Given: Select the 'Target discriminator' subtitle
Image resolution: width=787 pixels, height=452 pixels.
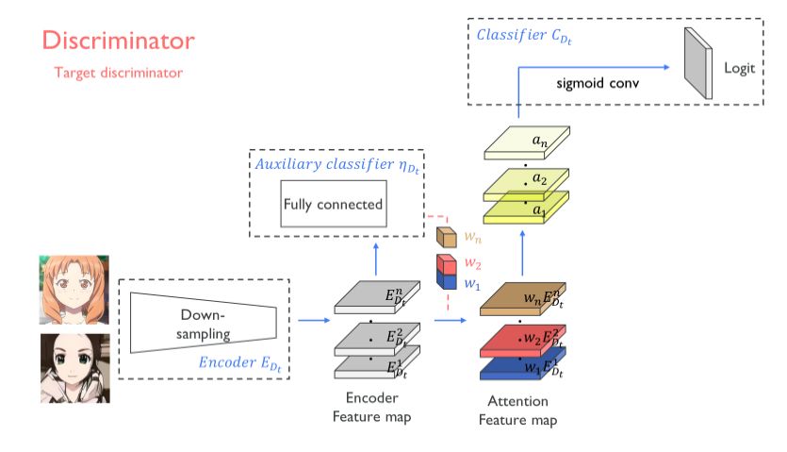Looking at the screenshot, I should pyautogui.click(x=118, y=72).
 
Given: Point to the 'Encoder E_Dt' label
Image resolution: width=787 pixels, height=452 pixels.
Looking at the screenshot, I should pyautogui.click(x=240, y=361).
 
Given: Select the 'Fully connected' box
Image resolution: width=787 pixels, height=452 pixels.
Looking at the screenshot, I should pyautogui.click(x=334, y=204).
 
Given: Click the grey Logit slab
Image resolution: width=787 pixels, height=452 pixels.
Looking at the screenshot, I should pyautogui.click(x=697, y=62).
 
